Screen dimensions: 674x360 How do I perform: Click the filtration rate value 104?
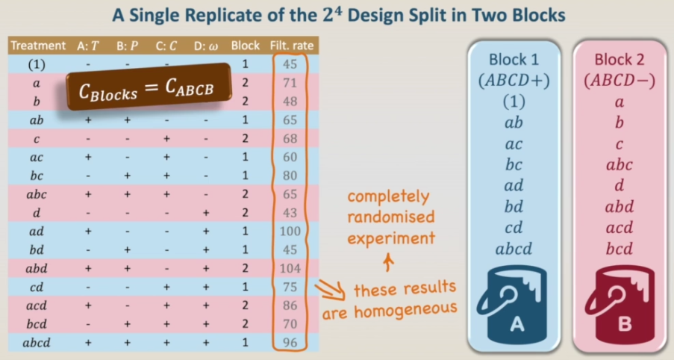pos(290,268)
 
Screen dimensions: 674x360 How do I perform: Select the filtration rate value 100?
pos(290,232)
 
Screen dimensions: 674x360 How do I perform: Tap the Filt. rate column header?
pos(292,46)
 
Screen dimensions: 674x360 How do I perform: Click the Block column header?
pos(246,46)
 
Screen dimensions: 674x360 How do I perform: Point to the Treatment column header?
pos(38,46)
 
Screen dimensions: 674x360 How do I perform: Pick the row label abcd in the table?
pos(37,343)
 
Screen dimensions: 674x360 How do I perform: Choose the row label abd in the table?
pos(37,268)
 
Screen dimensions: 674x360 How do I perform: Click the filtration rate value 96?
pos(290,343)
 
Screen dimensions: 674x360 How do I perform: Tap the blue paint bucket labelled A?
pos(511,305)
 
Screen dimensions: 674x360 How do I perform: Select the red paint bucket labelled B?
pos(620,305)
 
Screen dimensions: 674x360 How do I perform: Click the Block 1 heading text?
pos(514,59)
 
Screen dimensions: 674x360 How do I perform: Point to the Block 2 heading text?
pos(620,59)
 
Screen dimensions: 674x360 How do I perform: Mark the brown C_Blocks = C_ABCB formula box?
pos(149,87)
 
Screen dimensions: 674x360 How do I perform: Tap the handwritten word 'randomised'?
pos(390,217)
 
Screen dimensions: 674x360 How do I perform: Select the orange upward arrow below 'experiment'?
pos(389,262)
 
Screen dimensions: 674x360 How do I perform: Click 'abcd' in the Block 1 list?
pos(514,249)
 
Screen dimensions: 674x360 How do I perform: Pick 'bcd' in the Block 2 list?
pos(620,249)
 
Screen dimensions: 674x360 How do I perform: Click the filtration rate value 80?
pos(290,176)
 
